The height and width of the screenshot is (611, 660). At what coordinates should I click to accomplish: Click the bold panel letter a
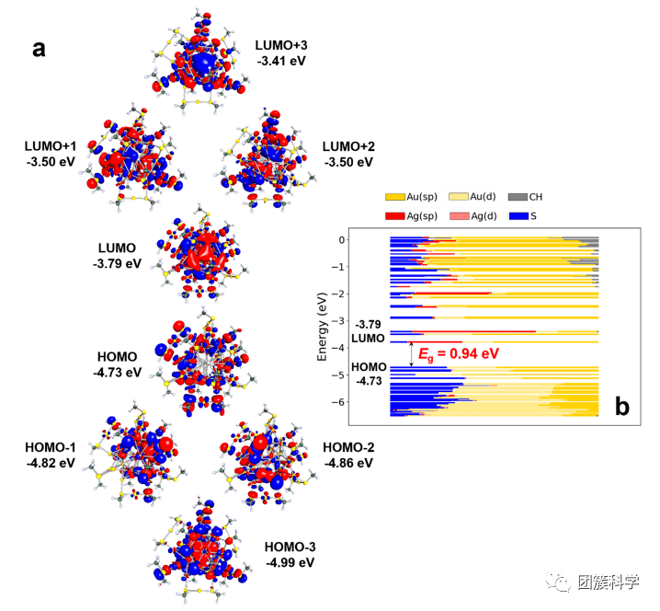[39, 49]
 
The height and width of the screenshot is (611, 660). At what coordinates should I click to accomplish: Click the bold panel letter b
[621, 406]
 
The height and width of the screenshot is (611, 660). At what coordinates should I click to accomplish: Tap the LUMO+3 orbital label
[282, 44]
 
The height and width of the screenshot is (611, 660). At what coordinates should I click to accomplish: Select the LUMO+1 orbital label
[51, 146]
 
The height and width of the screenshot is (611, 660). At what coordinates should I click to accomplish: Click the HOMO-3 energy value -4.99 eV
[290, 561]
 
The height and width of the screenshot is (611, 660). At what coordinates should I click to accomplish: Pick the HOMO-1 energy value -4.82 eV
[51, 463]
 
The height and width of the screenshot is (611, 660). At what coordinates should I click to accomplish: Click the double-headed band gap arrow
[412, 353]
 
